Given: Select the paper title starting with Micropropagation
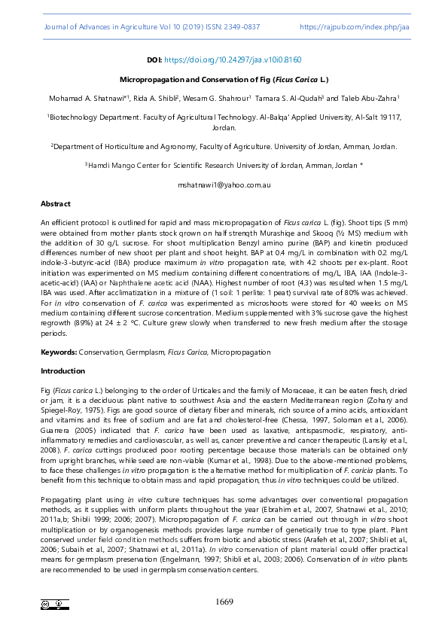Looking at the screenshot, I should tap(224, 78).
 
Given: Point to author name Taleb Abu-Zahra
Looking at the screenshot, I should tap(373, 98).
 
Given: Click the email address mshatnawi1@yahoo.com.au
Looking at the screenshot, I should tap(224, 184).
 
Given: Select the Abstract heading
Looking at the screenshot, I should tap(55, 203).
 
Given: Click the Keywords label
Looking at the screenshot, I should tap(59, 352).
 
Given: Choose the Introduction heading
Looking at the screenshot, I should tap(62, 370).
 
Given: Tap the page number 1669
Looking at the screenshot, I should tap(224, 602).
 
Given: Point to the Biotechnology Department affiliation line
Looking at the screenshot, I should tap(224, 117).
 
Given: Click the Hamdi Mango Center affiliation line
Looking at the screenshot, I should tap(224, 165).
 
